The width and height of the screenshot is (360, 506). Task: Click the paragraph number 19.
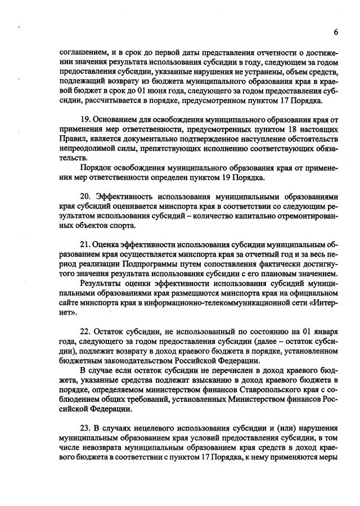coord(85,119)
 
